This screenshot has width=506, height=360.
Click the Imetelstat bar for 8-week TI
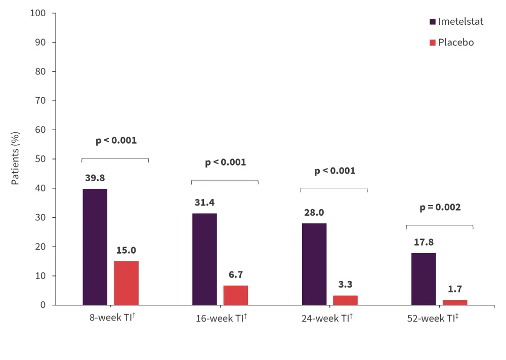coord(95,247)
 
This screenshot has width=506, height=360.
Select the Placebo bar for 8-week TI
coord(126,283)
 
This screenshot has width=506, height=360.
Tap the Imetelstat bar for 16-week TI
coord(204,259)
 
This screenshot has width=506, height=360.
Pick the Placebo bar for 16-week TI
coord(236,295)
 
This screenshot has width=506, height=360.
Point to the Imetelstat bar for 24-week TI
coord(314,264)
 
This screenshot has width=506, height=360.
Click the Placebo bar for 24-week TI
coord(345,300)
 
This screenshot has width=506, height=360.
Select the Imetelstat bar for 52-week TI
coord(424,279)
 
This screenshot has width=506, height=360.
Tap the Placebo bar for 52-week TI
coord(455,303)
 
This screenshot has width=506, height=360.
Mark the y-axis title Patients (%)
coord(16,158)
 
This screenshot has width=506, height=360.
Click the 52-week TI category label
coord(433,319)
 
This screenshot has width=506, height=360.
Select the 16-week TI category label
coord(221,319)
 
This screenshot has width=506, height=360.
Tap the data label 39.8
coord(95,178)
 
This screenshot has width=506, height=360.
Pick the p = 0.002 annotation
coord(440,207)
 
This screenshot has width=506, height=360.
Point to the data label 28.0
coord(314,213)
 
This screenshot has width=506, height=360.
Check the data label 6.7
coord(236,275)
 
